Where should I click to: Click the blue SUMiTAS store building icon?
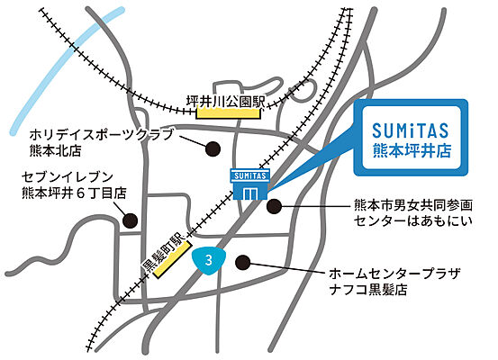pyautogui.click(x=251, y=187)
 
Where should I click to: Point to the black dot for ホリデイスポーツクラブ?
pyautogui.click(x=213, y=148)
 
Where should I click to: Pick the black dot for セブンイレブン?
pyautogui.click(x=131, y=219)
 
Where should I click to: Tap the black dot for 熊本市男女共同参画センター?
pyautogui.click(x=275, y=205)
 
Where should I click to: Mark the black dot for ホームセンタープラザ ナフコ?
pyautogui.click(x=241, y=262)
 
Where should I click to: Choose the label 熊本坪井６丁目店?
pyautogui.click(x=73, y=193)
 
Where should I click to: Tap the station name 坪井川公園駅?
pyautogui.click(x=231, y=101)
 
